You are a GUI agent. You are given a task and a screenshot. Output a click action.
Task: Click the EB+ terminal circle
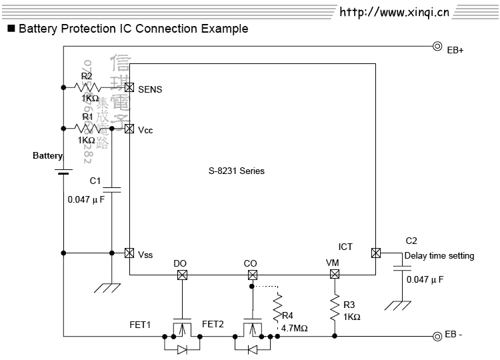click(437, 47)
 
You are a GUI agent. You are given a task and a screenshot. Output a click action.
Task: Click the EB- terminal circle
click(437, 335)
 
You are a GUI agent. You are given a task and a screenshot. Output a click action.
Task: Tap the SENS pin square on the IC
click(129, 87)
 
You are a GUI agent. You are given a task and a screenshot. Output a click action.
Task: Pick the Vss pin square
click(129, 253)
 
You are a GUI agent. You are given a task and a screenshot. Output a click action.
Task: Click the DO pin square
click(181, 275)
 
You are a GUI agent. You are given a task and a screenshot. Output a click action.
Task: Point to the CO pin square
click(251, 275)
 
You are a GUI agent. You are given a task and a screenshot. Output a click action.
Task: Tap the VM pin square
click(334, 275)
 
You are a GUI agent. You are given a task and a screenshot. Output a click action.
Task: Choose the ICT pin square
click(375, 253)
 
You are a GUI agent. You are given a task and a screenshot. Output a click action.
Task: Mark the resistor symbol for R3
click(334, 307)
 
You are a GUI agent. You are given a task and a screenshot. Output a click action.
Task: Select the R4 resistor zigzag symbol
click(277, 307)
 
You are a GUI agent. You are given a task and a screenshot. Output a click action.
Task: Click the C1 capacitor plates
click(111, 187)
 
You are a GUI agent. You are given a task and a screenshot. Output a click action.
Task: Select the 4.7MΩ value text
click(294, 329)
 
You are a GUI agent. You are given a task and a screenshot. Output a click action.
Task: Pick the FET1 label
click(140, 325)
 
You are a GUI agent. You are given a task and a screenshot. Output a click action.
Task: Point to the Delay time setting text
click(439, 255)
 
